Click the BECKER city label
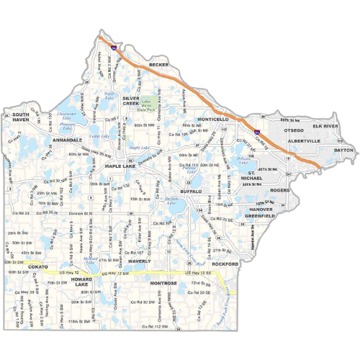[x=158, y=65]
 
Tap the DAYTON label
[x=345, y=150]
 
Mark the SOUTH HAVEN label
[x=20, y=118]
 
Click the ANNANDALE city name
[x=70, y=140]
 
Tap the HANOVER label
[x=261, y=209]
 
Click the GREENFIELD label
[x=260, y=215]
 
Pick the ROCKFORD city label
[x=225, y=264]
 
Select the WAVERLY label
[x=139, y=261]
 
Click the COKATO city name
[x=37, y=267]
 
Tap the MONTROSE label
[x=158, y=284]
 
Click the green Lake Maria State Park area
[x=150, y=104]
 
